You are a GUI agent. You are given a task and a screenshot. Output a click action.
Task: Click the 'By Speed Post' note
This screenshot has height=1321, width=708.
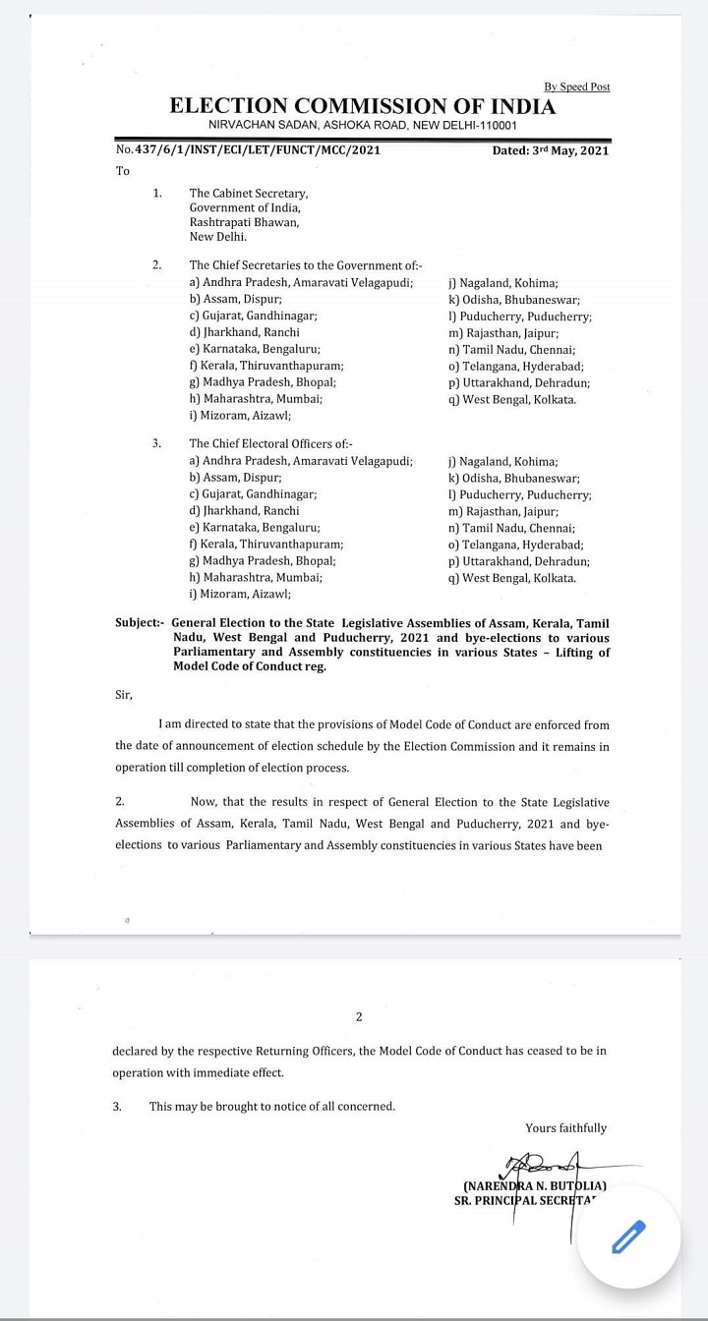click(576, 86)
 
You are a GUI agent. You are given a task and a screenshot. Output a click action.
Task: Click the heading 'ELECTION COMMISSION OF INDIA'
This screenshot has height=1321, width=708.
click(363, 107)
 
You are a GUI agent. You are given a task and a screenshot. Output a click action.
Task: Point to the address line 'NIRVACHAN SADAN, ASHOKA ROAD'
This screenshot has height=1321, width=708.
click(363, 126)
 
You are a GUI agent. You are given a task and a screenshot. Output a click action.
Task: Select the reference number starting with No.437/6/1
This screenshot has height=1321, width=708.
click(248, 150)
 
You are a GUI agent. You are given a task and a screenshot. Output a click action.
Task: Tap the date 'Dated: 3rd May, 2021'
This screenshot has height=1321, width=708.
click(551, 150)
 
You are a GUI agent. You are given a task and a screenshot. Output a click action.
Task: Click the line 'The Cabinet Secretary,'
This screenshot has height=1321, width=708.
click(249, 194)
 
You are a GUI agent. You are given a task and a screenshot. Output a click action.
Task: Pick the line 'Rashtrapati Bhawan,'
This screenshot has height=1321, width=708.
click(245, 222)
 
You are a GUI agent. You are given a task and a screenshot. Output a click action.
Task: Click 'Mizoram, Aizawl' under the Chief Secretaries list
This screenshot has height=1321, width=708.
click(241, 415)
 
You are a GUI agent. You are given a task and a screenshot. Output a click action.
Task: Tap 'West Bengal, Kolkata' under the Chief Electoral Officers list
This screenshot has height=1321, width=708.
click(511, 578)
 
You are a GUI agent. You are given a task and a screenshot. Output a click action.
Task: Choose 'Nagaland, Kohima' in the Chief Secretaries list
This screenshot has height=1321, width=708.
click(502, 282)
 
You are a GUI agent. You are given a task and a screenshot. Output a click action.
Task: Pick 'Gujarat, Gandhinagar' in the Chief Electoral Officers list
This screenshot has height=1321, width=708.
click(253, 494)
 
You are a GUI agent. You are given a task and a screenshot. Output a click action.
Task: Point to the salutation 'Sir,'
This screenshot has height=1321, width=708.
click(124, 695)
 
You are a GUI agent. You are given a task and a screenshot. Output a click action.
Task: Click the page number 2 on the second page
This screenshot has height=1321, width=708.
click(359, 1016)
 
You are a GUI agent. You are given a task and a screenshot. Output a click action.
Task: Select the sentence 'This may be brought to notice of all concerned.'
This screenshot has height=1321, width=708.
click(272, 1106)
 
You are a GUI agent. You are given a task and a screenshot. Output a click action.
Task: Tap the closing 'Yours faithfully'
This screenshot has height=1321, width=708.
click(566, 1127)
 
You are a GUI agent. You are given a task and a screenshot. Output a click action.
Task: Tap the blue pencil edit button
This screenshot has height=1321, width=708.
click(628, 1236)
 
